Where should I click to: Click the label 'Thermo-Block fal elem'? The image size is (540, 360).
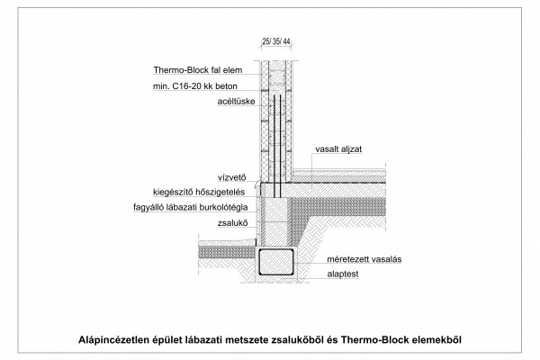click(x=198, y=70)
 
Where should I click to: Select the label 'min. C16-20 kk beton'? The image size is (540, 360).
click(x=195, y=86)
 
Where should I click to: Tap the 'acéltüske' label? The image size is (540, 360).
click(x=236, y=102)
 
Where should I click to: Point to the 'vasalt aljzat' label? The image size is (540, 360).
click(x=338, y=149)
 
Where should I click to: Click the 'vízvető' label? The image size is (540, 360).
click(x=232, y=177)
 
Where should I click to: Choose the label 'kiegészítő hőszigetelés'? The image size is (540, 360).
click(x=199, y=192)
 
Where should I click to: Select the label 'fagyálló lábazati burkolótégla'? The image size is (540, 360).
click(x=191, y=207)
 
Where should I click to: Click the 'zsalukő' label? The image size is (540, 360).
click(x=232, y=223)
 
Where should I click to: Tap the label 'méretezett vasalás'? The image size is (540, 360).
click(x=364, y=259)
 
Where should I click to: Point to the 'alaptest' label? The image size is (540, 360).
click(x=343, y=274)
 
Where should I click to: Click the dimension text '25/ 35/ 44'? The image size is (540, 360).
click(x=276, y=41)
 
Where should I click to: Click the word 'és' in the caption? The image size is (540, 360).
click(x=332, y=339)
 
